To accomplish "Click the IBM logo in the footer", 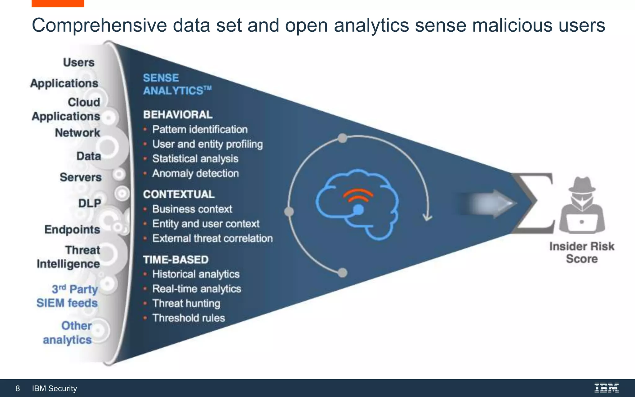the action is coord(606,388).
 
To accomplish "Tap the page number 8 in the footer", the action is coord(18,388).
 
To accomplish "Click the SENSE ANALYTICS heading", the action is coord(177,84).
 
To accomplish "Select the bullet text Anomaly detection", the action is coord(195,173).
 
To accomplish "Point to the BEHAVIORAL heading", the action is coord(178,115).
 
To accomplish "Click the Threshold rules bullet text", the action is coord(189,318).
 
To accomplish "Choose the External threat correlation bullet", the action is coord(212,239).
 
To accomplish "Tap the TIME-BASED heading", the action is coord(175,260).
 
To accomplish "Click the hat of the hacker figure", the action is coord(582,185).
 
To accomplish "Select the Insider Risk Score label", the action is coord(582,252).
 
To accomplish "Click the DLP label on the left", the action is coord(90,203).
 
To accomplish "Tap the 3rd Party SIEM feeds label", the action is coord(68,296).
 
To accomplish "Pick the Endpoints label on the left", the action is coord(72,230).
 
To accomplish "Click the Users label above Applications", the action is coord(79,62).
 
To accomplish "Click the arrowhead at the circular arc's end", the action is coord(428,217).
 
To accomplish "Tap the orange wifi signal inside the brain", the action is coord(358,195).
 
